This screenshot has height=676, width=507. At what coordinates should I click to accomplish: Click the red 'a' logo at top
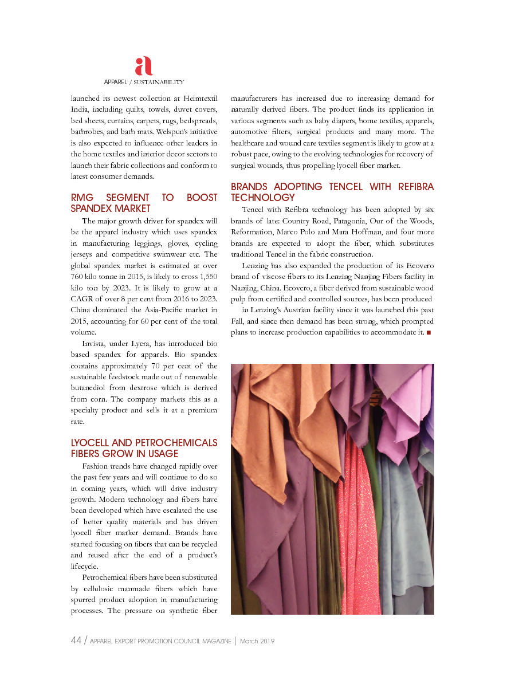pos(144,66)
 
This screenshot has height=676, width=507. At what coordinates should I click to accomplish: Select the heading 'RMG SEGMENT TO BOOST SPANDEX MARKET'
pos(144,203)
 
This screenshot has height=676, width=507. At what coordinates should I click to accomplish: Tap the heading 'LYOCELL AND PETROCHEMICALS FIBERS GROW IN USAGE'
pos(144,448)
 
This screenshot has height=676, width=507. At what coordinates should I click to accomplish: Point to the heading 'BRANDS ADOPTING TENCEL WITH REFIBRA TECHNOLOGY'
pos(332,192)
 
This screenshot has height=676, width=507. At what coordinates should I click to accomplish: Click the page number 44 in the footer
pos(76,641)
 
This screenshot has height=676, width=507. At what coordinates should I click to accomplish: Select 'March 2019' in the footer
pos(257,642)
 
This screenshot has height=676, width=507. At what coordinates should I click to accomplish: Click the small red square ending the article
pos(429,333)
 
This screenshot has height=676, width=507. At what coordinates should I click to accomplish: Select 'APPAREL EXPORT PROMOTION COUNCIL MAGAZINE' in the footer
pos(161,642)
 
